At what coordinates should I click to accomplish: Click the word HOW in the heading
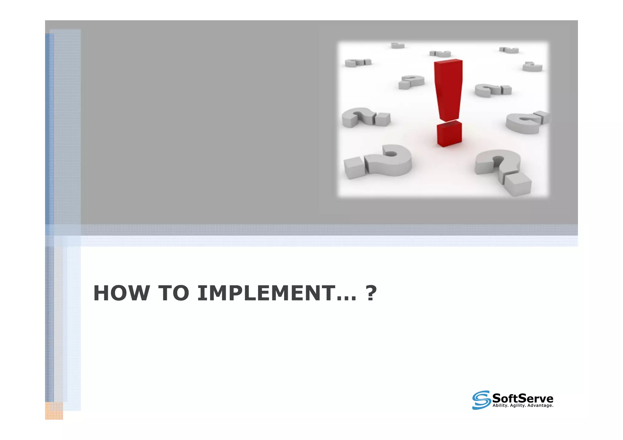[121, 293]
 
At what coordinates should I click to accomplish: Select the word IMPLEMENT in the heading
[266, 293]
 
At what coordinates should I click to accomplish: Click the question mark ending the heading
[371, 293]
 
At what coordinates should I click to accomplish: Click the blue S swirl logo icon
[481, 400]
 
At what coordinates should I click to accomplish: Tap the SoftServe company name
[523, 398]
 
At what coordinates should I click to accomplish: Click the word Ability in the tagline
[500, 406]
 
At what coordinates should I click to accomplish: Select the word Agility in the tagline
[517, 406]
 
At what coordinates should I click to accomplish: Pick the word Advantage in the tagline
[540, 406]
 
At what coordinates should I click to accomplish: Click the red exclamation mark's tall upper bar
[448, 90]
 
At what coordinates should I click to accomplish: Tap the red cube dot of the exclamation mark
[449, 134]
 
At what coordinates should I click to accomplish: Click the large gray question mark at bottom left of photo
[379, 161]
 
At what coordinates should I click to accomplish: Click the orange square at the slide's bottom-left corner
[54, 411]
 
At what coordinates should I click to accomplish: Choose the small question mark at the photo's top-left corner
[358, 63]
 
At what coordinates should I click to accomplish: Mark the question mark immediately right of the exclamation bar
[492, 90]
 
